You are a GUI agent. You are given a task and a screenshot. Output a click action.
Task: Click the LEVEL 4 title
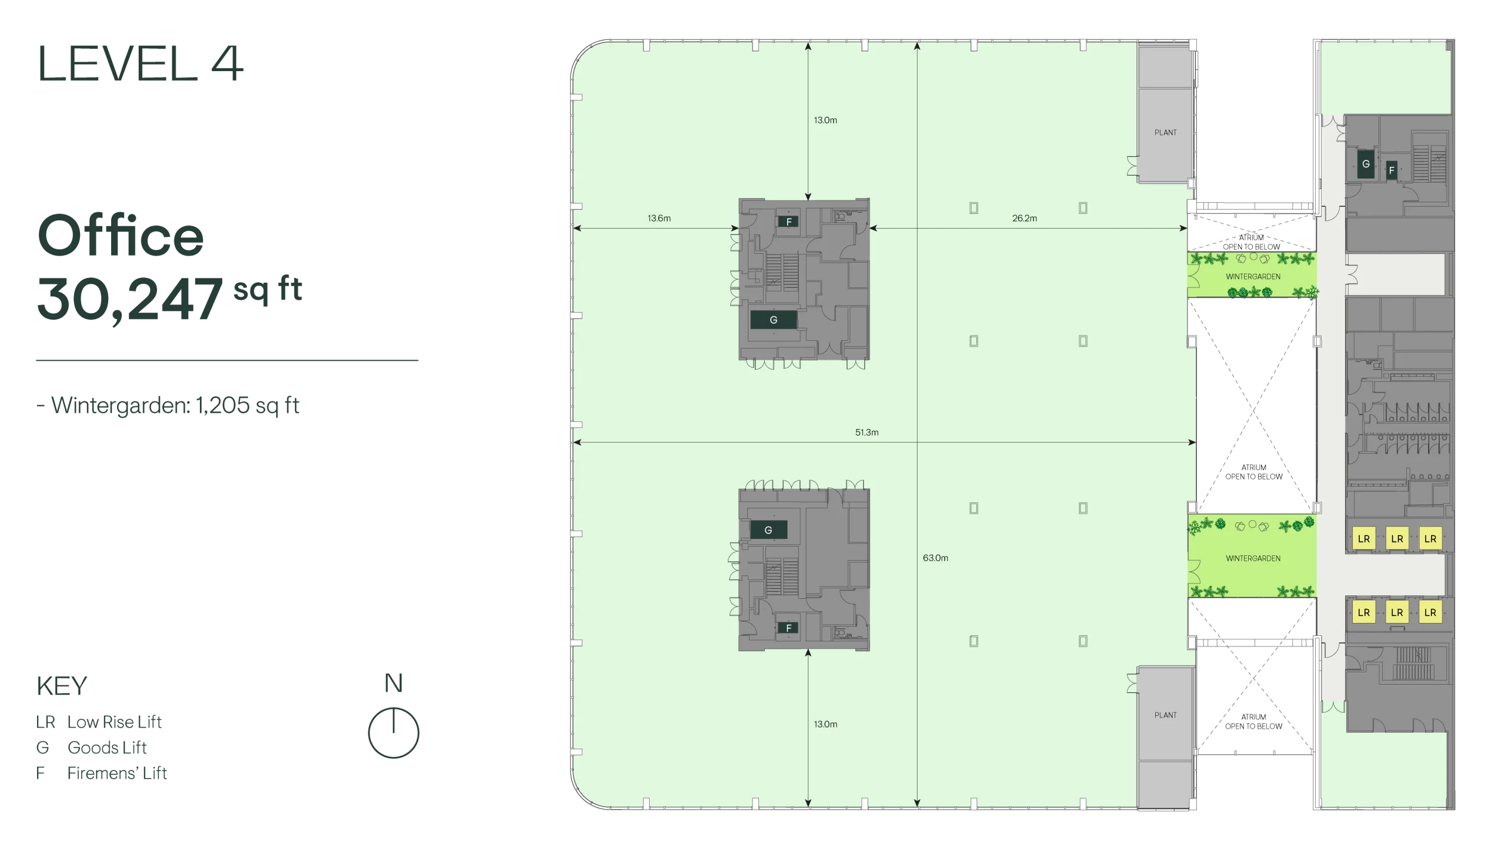click(140, 63)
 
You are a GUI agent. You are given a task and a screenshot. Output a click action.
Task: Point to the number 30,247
click(130, 299)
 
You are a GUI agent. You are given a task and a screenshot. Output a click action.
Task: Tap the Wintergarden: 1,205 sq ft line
click(168, 405)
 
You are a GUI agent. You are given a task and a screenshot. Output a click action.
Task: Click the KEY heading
click(61, 686)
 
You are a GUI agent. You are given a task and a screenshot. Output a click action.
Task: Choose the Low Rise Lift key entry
click(98, 722)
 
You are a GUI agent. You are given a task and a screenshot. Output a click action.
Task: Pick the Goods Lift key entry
click(91, 747)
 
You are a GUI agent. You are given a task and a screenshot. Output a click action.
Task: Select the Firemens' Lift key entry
click(101, 773)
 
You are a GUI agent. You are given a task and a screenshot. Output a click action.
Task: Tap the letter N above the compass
click(393, 683)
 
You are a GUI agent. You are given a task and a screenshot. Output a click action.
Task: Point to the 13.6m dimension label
click(659, 218)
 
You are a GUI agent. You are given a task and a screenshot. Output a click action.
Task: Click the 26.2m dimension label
click(1025, 218)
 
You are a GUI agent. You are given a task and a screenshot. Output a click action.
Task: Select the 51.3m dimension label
click(867, 432)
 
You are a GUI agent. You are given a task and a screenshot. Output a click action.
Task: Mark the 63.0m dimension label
click(935, 558)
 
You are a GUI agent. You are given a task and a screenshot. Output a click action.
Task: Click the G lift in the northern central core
click(774, 320)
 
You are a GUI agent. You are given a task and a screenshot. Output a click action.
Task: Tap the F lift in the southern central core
click(788, 628)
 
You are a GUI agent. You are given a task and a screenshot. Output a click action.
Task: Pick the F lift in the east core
click(1391, 170)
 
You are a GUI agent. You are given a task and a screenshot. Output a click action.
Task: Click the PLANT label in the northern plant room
click(1165, 133)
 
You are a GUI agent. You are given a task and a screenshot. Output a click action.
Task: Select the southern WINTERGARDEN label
click(1253, 558)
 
